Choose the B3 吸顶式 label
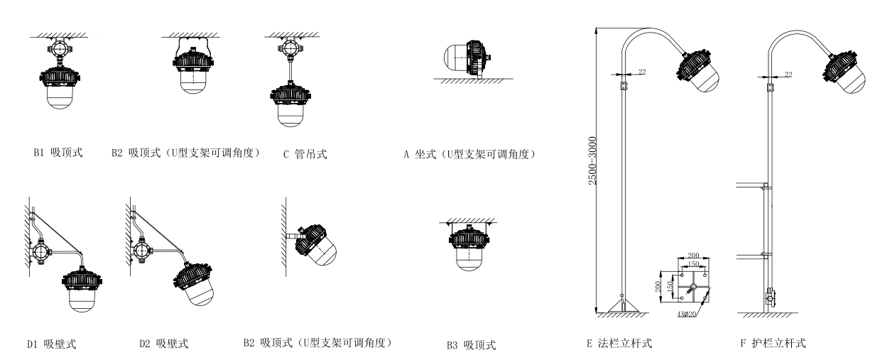(471, 346)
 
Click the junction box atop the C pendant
(290, 49)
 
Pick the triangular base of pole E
(622, 306)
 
